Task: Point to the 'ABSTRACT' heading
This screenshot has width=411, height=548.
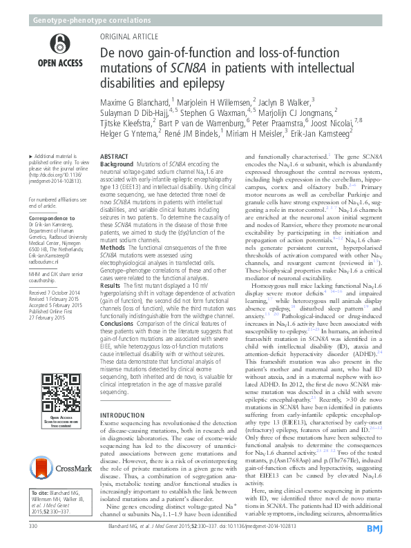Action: (x=115, y=158)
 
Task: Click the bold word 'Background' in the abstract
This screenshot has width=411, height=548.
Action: (x=118, y=166)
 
